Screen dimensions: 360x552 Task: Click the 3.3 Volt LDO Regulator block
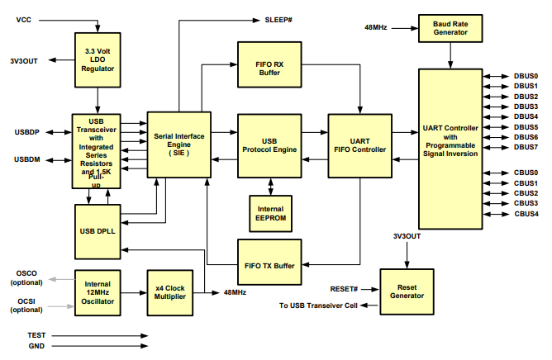[98, 60]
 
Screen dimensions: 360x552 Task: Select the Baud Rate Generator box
[450, 27]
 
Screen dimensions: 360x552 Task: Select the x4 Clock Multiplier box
[169, 292]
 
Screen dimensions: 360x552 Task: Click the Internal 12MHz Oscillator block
[98, 292]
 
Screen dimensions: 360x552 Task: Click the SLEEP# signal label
[280, 18]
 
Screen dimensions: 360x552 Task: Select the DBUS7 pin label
[526, 147]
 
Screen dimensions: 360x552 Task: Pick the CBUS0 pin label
[526, 173]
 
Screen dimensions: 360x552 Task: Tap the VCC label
[23, 18]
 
